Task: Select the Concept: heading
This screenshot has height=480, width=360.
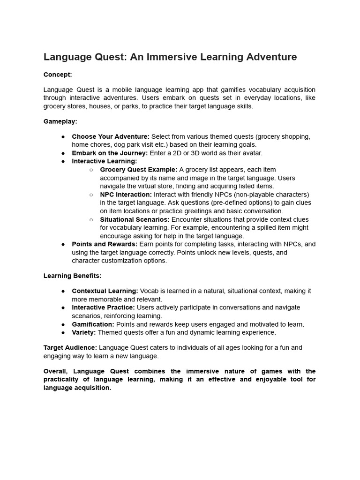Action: coord(58,75)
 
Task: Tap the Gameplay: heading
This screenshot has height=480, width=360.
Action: coord(60,121)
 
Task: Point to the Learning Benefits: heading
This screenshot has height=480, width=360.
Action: coord(72,276)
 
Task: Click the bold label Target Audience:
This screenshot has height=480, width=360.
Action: coord(70,348)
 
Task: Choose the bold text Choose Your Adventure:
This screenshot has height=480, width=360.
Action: coord(111,136)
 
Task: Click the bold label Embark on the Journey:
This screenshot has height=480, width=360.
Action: coord(110,153)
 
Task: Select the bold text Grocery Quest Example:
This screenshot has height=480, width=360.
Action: coord(139,170)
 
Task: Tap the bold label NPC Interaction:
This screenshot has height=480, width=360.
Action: coord(126,195)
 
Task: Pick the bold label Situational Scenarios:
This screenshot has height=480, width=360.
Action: coord(135,219)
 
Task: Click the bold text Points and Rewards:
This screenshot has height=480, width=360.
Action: coord(105,244)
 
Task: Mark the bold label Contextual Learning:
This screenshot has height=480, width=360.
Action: coord(105,291)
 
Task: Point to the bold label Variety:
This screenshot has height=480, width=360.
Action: coord(84,333)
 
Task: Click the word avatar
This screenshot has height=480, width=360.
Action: coord(253,153)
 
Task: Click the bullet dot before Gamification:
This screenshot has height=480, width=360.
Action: coord(63,324)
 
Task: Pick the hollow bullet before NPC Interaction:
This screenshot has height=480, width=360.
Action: coord(91,195)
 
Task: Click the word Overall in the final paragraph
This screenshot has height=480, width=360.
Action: coord(56,371)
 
